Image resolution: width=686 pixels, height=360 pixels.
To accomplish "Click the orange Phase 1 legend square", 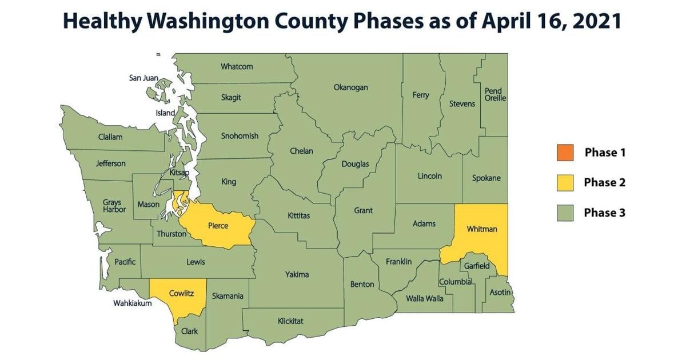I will pyautogui.click(x=565, y=153).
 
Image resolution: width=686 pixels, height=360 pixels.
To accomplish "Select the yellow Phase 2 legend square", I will pyautogui.click(x=565, y=183).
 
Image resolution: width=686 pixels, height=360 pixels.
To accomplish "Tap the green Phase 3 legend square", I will pyautogui.click(x=565, y=213).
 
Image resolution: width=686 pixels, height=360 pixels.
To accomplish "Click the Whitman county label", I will pyautogui.click(x=481, y=229).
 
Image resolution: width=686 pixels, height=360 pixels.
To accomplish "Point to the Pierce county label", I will pyautogui.click(x=218, y=226).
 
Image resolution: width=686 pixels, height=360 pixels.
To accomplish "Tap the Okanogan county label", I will pyautogui.click(x=350, y=87).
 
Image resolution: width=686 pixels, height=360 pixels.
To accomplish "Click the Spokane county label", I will pyautogui.click(x=486, y=178).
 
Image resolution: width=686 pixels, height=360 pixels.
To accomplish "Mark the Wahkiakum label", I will pyautogui.click(x=133, y=303).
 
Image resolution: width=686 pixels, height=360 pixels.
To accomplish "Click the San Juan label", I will pyautogui.click(x=143, y=78).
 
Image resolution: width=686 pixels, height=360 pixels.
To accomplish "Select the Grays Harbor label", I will pyautogui.click(x=112, y=206).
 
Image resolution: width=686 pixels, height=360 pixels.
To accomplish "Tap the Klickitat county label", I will pyautogui.click(x=290, y=321).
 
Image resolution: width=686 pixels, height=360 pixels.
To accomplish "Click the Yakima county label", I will pyautogui.click(x=297, y=274).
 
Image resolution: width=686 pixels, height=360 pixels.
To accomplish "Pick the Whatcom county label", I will pyautogui.click(x=237, y=66).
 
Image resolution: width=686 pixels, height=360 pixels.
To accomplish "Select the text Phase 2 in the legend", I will pyautogui.click(x=604, y=183).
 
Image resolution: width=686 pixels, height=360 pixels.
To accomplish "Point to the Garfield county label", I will pyautogui.click(x=476, y=266).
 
